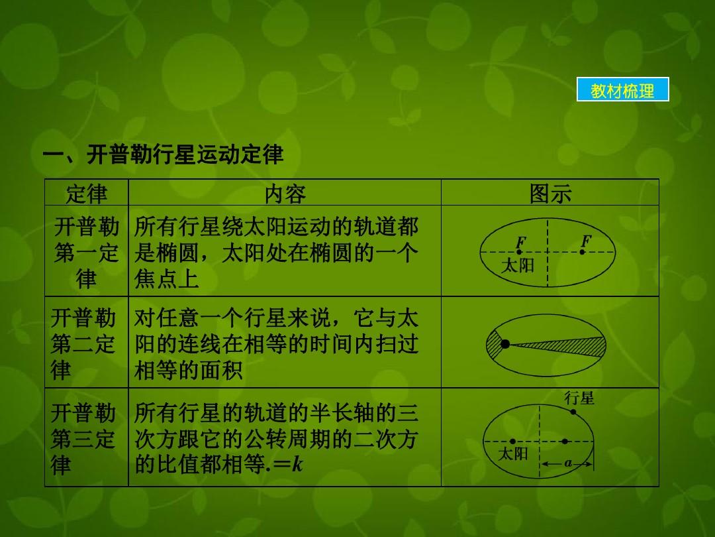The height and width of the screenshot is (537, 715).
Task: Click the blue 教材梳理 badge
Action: pyautogui.click(x=622, y=89)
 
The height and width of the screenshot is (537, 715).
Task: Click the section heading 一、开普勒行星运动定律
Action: pyautogui.click(x=164, y=154)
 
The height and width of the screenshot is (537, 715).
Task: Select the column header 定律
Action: pyautogui.click(x=87, y=194)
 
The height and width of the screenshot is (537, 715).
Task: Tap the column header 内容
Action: pyautogui.click(x=285, y=194)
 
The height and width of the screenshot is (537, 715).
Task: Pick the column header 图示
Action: pyautogui.click(x=550, y=194)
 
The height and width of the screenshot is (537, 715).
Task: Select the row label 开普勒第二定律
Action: pyautogui.click(x=83, y=343)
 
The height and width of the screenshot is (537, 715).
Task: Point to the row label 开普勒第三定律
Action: pyautogui.click(x=83, y=438)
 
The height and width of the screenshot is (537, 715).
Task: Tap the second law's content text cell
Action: pyautogui.click(x=276, y=343)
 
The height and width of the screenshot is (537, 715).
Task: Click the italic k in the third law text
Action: pyautogui.click(x=297, y=464)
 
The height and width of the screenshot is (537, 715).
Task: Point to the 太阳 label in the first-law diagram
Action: pyautogui.click(x=518, y=265)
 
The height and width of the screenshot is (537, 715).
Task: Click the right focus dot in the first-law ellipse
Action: pyautogui.click(x=583, y=252)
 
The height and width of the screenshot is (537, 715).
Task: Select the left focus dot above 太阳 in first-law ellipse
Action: pyautogui.click(x=518, y=252)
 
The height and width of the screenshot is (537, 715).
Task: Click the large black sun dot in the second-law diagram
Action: pyautogui.click(x=504, y=344)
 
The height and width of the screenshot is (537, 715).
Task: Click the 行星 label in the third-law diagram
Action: pyautogui.click(x=579, y=398)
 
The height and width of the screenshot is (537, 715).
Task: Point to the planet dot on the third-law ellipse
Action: pyautogui.click(x=573, y=412)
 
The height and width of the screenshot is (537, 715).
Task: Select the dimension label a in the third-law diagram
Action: pyautogui.click(x=568, y=463)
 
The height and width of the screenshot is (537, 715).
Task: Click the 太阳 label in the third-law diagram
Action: pyautogui.click(x=513, y=453)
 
